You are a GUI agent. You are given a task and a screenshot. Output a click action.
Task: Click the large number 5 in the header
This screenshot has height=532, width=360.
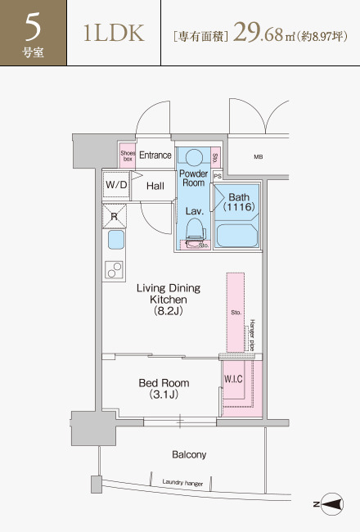coord(33,26)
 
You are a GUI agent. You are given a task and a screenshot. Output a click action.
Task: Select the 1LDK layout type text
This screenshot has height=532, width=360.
coord(114,33)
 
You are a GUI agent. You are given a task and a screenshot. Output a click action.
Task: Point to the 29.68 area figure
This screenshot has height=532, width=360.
coord(258,32)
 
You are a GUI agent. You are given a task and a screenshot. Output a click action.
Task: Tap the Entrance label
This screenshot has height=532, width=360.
coord(155,155)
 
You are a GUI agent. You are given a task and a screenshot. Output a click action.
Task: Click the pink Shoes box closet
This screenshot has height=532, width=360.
coord(128,156)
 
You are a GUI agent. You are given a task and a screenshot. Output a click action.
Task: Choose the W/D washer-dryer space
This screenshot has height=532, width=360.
coord(116,185)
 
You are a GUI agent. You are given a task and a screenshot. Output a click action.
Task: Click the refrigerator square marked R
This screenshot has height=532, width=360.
coord(114,216)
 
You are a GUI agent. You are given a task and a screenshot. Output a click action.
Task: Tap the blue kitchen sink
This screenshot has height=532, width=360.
coord(116,240)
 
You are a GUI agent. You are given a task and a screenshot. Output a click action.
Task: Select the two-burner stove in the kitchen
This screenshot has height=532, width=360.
coord(114,270)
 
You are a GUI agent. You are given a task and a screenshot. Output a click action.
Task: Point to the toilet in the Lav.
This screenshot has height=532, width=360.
coord(196,232)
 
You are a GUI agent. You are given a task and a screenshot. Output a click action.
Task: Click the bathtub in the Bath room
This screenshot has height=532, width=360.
coord(236,235)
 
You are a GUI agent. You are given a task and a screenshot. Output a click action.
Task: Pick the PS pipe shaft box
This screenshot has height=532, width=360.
coord(218,176)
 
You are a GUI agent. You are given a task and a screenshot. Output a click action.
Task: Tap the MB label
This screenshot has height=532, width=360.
coord(259,157)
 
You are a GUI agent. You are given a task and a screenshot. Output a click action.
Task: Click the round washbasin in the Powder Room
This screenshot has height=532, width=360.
coord(195,157)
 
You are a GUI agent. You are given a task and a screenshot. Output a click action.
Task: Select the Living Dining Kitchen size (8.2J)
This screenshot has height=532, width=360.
coord(169,311)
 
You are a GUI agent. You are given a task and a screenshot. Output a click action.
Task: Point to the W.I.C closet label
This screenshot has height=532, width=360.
coord(233,379)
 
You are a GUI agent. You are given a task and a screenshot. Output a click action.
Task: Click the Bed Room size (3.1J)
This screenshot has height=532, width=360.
coord(164,394)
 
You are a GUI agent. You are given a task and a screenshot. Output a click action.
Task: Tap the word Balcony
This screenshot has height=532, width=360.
coord(189,454)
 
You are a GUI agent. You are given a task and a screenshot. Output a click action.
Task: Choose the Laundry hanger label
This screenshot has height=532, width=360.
coord(182,483)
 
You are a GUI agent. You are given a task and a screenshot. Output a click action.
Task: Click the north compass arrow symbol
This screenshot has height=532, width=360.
coord(332,504)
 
